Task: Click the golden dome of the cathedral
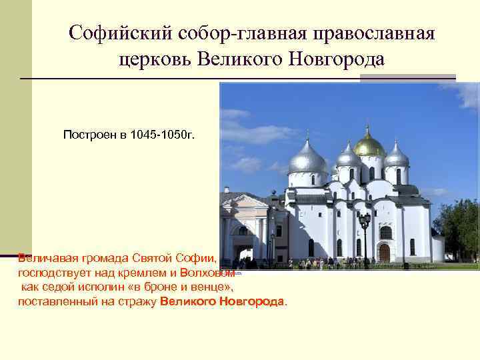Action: pyautogui.click(x=369, y=144)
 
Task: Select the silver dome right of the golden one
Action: pyautogui.click(x=397, y=157)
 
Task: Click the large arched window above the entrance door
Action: pyautogui.click(x=385, y=231)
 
